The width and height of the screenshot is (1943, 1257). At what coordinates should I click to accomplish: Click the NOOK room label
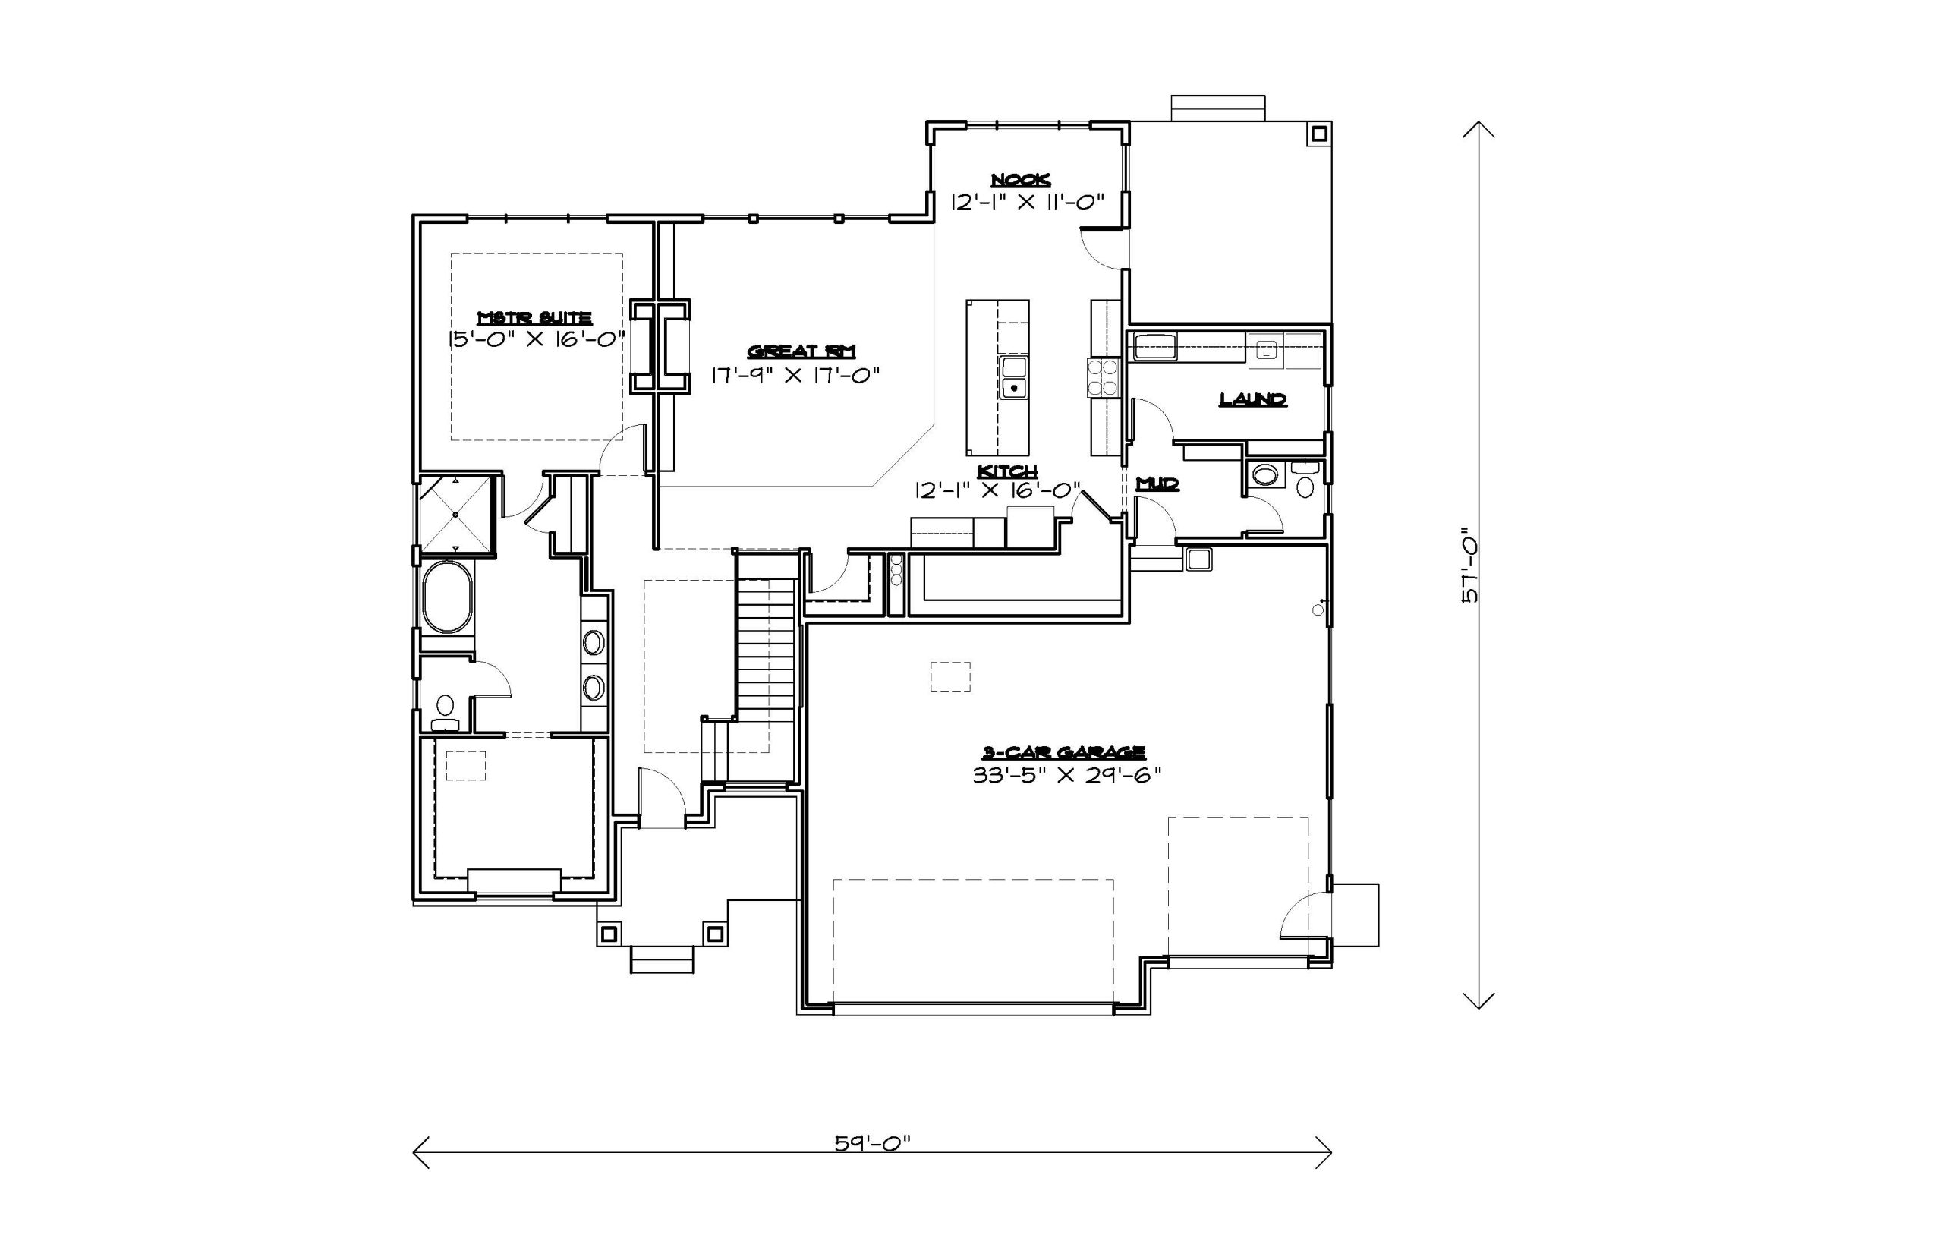point(1020,181)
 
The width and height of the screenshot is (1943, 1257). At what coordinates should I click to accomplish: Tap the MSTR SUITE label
point(534,318)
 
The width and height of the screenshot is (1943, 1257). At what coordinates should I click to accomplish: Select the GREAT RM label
point(801,351)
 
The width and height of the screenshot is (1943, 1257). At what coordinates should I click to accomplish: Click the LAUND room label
point(1252,399)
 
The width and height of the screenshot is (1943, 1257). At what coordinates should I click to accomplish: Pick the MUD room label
point(1158,484)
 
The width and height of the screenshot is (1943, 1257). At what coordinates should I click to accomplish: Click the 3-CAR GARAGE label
point(1063,751)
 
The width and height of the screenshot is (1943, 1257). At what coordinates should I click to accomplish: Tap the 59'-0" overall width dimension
point(871,1142)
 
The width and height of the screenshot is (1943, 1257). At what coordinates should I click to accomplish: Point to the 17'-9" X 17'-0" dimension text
point(795,376)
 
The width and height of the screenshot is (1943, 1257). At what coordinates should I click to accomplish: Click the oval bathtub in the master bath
point(447,597)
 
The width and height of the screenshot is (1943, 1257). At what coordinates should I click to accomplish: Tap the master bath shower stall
point(455,514)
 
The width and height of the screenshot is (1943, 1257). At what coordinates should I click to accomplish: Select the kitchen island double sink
point(1014,377)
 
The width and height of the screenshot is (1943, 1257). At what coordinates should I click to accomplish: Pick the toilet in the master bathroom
point(445,712)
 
